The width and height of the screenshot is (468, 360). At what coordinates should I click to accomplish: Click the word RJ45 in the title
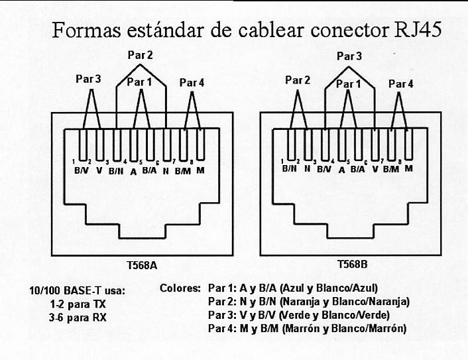pyautogui.click(x=417, y=30)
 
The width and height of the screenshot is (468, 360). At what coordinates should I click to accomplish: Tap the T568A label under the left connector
pyautogui.click(x=142, y=265)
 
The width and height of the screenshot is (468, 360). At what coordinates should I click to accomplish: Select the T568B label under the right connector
pyautogui.click(x=352, y=264)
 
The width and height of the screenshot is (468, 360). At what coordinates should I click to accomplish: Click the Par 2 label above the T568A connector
pyautogui.click(x=141, y=55)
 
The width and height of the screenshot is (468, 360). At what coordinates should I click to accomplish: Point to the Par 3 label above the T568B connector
pyautogui.click(x=349, y=56)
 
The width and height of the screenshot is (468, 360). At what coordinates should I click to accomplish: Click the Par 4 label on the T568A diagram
pyautogui.click(x=192, y=83)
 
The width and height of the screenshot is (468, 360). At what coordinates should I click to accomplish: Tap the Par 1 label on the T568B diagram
pyautogui.click(x=348, y=84)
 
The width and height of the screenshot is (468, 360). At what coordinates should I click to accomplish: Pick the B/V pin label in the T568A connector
pyautogui.click(x=82, y=171)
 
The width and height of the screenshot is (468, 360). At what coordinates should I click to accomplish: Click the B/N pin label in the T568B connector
pyautogui.click(x=289, y=168)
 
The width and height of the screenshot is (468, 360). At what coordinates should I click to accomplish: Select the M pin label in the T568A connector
pyautogui.click(x=201, y=170)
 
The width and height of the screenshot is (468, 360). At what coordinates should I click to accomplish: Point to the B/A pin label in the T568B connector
pyautogui.click(x=357, y=170)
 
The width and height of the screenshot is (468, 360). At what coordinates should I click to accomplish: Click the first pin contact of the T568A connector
pyautogui.click(x=83, y=145)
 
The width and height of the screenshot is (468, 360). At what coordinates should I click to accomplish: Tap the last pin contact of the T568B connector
pyautogui.click(x=409, y=144)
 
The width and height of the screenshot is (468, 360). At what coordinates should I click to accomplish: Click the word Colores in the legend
pyautogui.click(x=180, y=288)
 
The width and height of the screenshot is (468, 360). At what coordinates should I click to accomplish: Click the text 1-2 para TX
pyautogui.click(x=78, y=304)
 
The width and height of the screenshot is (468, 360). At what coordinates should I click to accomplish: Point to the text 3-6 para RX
pyautogui.click(x=78, y=318)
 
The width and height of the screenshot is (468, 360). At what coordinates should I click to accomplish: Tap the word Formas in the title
pyautogui.click(x=87, y=30)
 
